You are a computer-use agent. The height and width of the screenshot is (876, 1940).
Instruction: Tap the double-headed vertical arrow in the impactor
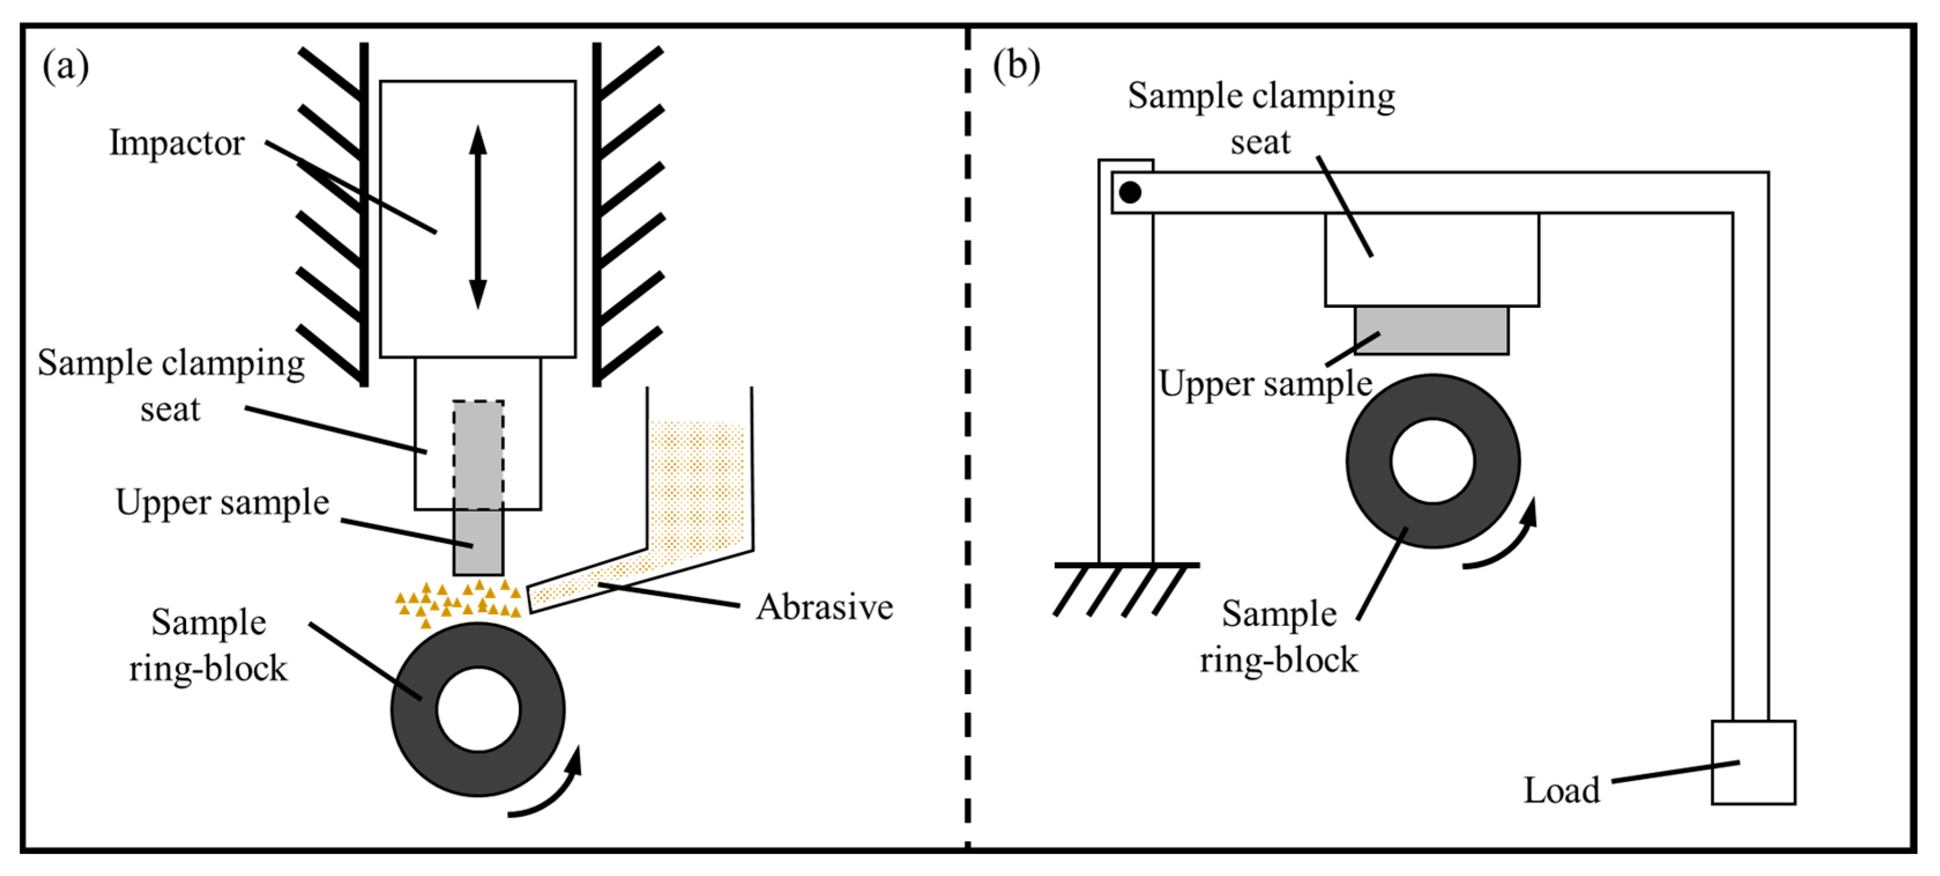477,217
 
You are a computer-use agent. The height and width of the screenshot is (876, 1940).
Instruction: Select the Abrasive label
824,607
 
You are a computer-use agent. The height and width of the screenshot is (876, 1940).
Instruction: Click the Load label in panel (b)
1562,790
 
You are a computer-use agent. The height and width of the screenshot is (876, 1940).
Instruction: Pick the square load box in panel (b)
1754,762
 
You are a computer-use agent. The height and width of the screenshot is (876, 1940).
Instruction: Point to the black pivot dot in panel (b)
1130,192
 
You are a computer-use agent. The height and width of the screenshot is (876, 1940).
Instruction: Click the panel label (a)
65,67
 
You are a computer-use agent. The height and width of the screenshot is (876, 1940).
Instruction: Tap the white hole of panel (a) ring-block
478,710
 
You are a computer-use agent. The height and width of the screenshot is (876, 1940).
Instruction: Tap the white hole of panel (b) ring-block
1432,461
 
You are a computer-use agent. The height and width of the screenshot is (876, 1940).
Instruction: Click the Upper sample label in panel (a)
222,503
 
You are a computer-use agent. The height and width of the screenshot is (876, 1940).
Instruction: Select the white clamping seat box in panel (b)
1432,260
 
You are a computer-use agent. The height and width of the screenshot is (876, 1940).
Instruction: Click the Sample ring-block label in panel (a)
208,646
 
